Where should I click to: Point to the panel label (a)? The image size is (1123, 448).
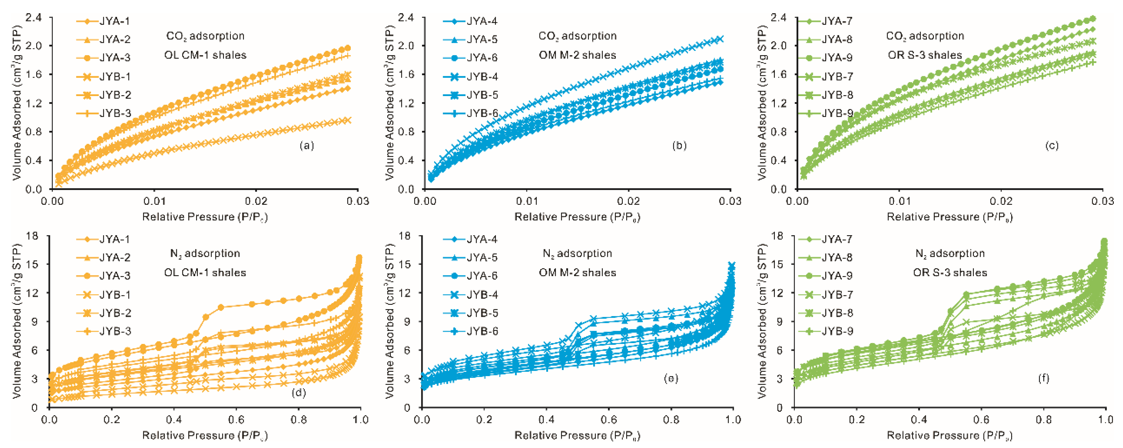[306, 145]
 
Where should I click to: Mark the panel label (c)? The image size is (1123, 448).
[1051, 145]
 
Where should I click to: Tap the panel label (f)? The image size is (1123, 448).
[1043, 378]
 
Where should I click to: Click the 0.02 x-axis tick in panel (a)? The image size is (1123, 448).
[256, 201]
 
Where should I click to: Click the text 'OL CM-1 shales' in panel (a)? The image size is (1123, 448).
[205, 55]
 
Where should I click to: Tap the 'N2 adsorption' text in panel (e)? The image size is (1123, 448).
[577, 253]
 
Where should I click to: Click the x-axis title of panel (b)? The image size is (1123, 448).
[577, 217]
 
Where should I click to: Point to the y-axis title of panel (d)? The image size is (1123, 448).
[17, 321]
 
